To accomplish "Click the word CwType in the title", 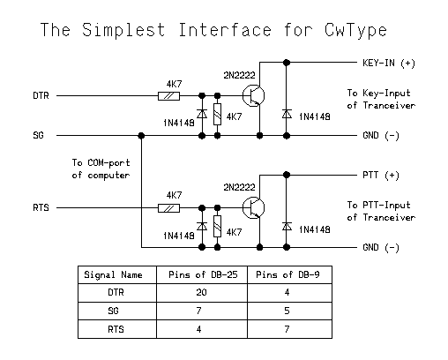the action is point(355,31).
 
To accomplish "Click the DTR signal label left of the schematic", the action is point(41,95).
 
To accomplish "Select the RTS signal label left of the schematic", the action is point(41,207).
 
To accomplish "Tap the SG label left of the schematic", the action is point(38,135).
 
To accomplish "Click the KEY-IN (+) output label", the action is point(389,63).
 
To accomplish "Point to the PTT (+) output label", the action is point(381,176).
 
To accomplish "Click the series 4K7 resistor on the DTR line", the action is point(168,96).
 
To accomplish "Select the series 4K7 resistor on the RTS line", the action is point(168,208).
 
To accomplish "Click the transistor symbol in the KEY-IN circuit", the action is point(253,95).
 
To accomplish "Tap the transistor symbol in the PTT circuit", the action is point(253,208).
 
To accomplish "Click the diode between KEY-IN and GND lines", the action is point(287,114).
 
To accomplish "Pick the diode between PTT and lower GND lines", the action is point(287,227).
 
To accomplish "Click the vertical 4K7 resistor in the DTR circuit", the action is point(217,115).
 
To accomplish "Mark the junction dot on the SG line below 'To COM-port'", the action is point(141,136).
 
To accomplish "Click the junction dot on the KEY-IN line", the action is point(287,63).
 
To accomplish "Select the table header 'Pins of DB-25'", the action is point(203,274).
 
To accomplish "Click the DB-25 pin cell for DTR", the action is point(201,292).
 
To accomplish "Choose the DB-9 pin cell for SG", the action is point(287,311).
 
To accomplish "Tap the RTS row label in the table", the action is point(116,329).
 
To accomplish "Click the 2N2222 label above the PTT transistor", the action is point(239,187).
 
